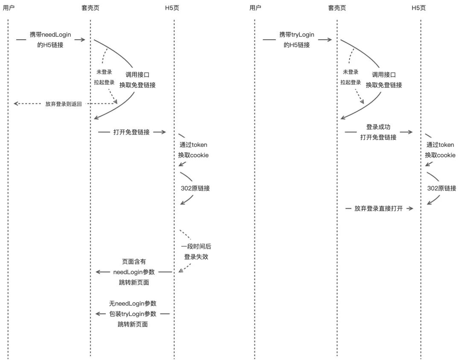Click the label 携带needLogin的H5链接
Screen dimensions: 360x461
pos(50,40)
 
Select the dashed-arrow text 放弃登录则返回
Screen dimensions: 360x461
pos(64,104)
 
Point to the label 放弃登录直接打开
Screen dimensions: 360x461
pos(379,208)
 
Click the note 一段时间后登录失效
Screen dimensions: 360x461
pos(196,252)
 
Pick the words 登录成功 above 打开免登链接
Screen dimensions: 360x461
pos(378,127)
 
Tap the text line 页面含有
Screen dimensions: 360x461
pos(134,262)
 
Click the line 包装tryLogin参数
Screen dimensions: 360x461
pos(133,314)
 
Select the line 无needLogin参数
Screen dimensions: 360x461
pos(133,304)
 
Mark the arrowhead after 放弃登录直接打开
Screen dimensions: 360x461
pos(411,208)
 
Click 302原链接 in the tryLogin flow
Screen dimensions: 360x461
pos(442,188)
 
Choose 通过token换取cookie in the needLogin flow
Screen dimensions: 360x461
pos(193,150)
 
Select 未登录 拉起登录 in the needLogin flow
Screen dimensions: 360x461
pos(104,77)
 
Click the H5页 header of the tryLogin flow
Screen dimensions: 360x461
pos(419,8)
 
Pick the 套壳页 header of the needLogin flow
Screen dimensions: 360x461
pos(90,8)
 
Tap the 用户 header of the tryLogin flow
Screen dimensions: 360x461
pos(255,8)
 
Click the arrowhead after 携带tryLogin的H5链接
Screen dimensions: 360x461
pos(330,40)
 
